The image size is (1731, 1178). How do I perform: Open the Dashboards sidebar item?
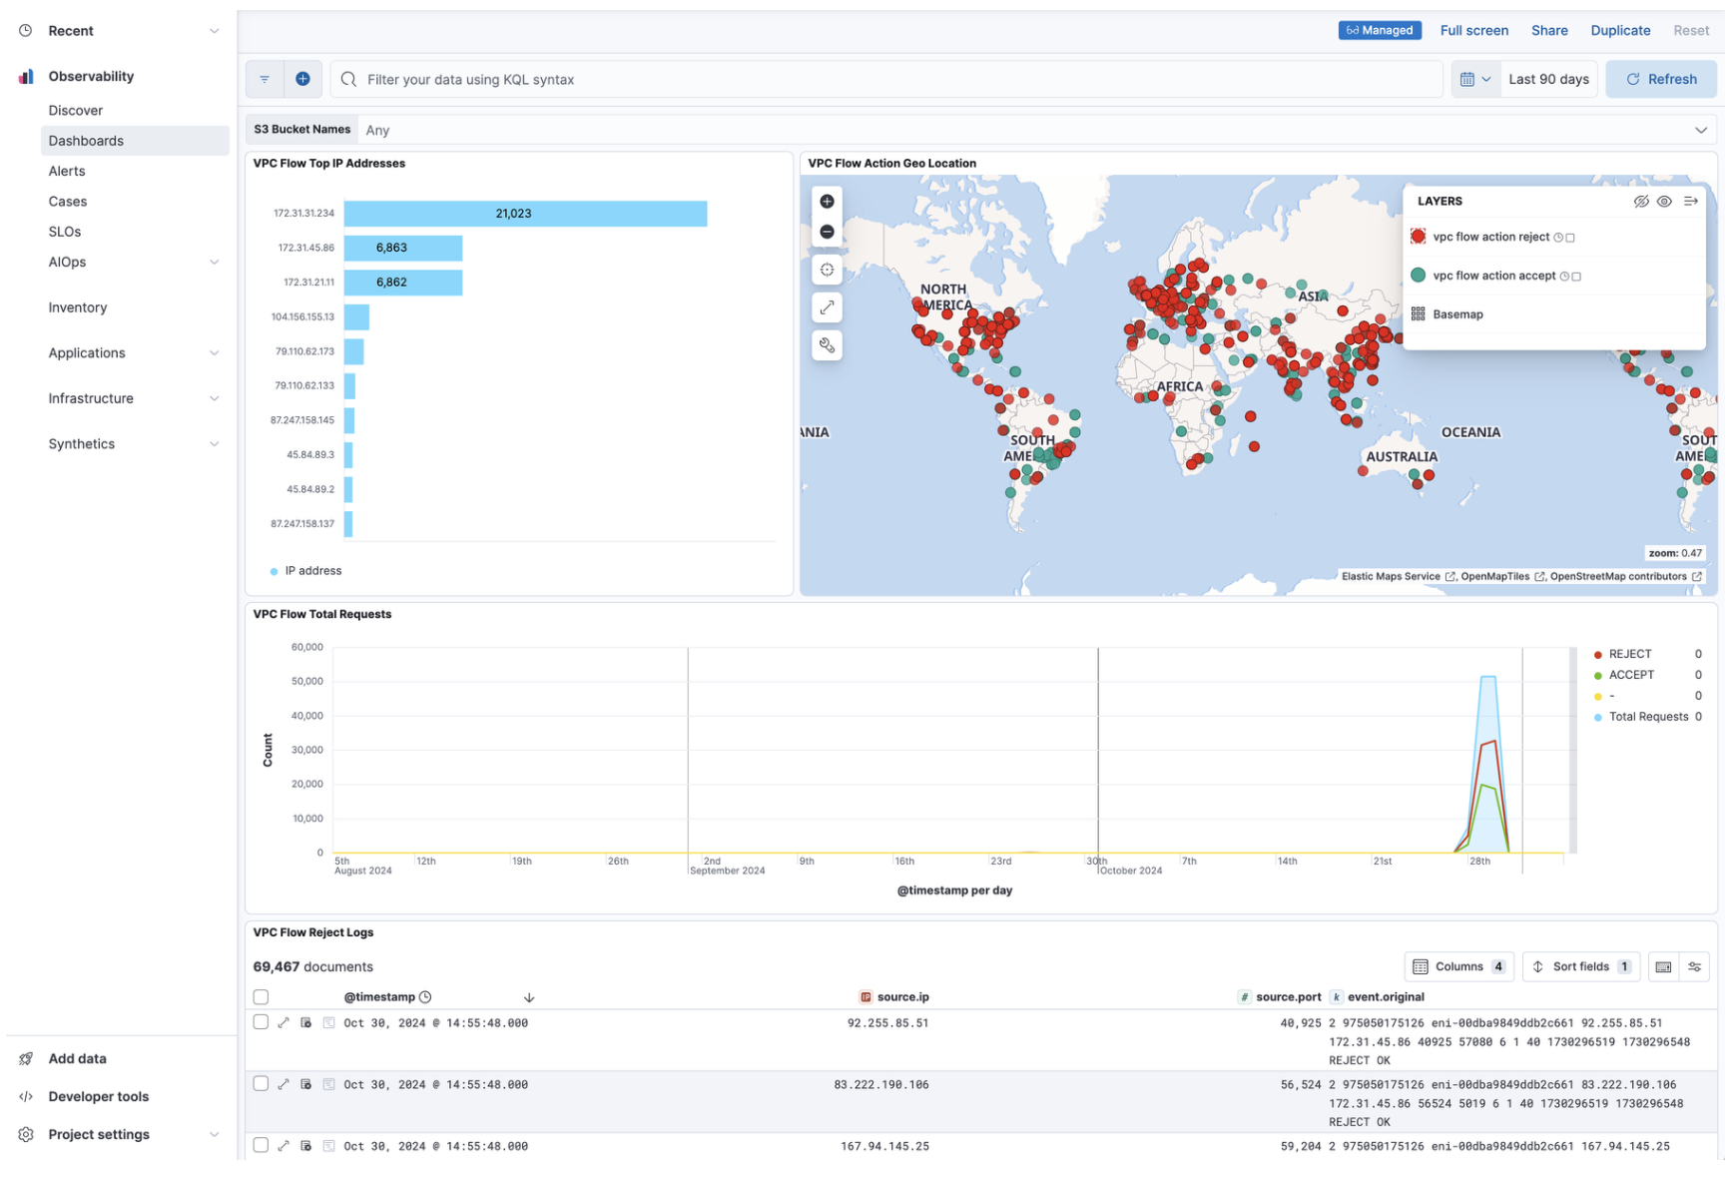[87, 141]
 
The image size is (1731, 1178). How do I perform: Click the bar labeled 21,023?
[526, 214]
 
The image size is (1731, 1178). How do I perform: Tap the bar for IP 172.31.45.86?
[403, 248]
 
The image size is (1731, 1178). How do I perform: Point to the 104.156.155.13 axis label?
[302, 316]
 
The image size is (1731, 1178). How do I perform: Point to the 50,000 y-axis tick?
[307, 682]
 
